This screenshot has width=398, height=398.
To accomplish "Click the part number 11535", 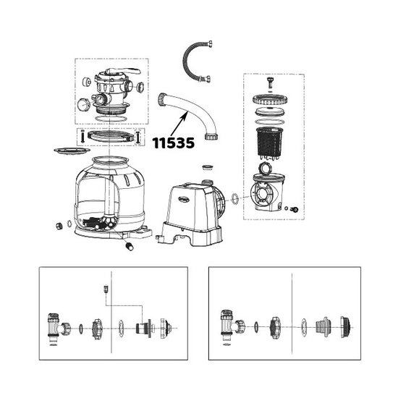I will [x=173, y=143].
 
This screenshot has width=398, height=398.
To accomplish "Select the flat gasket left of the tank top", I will [x=66, y=151].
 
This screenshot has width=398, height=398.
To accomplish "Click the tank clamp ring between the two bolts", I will [x=108, y=135].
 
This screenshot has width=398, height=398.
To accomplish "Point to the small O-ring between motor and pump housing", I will [x=236, y=198].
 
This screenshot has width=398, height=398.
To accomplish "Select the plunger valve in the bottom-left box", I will [x=55, y=322].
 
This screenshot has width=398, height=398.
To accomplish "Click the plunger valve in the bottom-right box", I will [x=226, y=321].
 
